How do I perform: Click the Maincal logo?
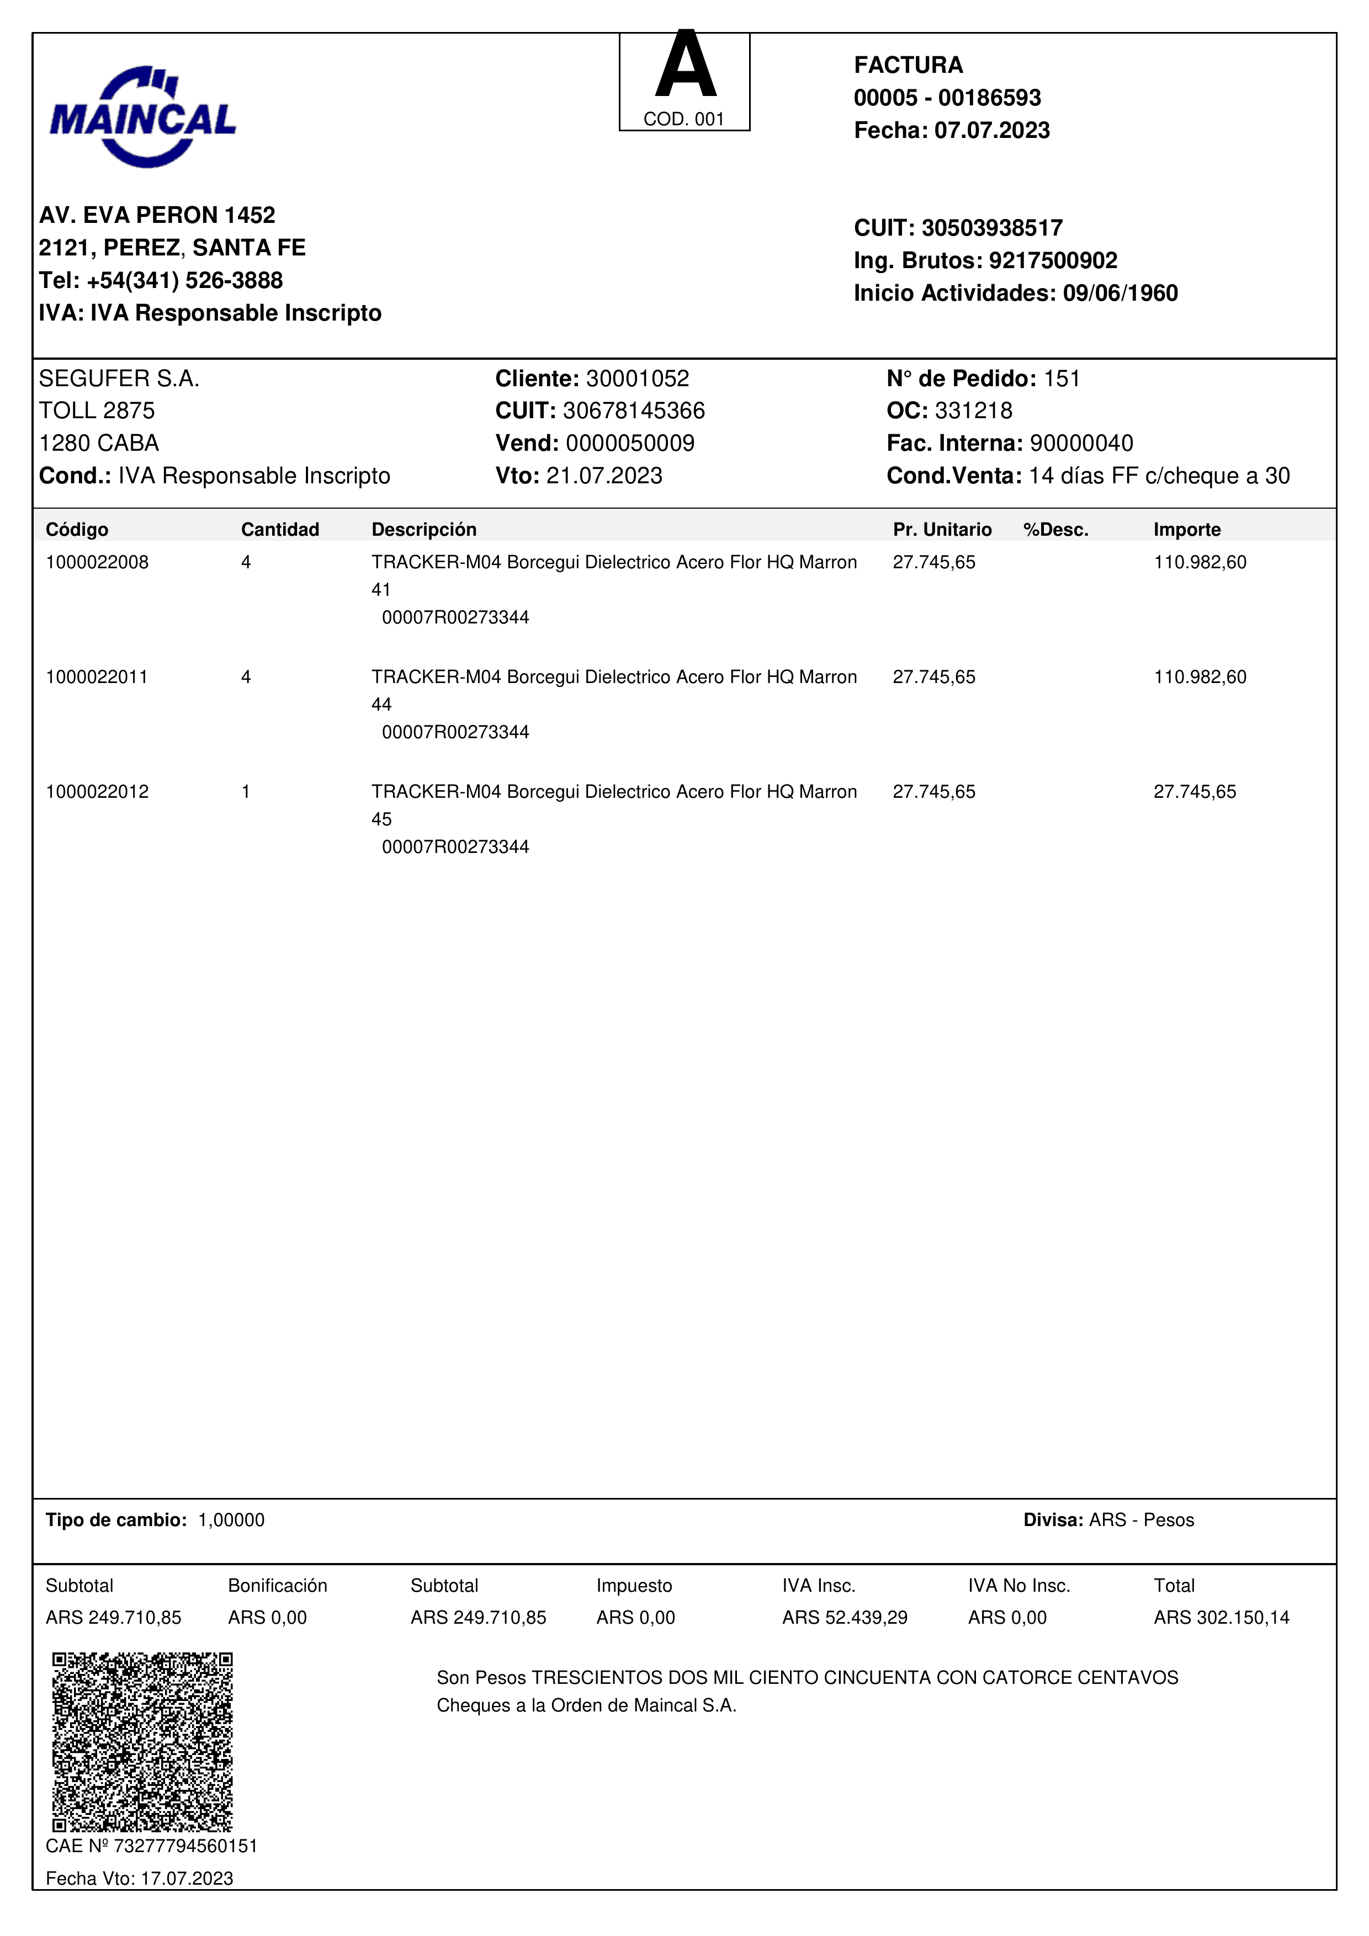[142, 116]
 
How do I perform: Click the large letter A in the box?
[685, 66]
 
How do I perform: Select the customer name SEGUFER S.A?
[119, 378]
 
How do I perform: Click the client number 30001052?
[637, 378]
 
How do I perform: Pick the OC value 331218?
[973, 410]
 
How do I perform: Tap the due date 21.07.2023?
[604, 476]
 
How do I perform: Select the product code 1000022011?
[97, 677]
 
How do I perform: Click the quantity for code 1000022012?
[246, 792]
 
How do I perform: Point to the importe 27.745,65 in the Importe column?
[1195, 792]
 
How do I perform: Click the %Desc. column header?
[1055, 530]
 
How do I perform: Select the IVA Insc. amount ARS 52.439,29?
[845, 1617]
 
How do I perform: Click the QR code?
[142, 1741]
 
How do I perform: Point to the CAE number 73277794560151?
[185, 1846]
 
